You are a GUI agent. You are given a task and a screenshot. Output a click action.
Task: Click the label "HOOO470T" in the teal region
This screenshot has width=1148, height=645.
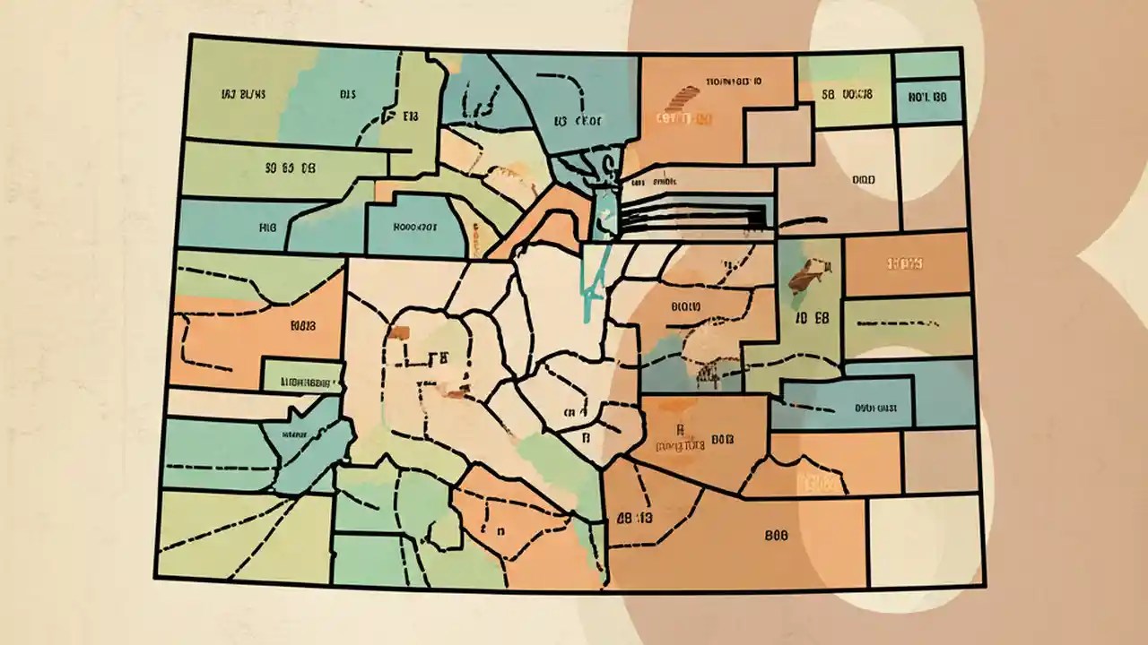pyautogui.click(x=414, y=227)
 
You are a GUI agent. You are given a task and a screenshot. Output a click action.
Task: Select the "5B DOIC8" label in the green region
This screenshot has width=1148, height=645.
pyautogui.click(x=846, y=92)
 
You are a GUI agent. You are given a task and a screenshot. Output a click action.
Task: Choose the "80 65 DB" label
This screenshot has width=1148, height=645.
pyautogui.click(x=289, y=167)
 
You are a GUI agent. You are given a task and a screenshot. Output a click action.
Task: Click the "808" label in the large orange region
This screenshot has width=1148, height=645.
pyautogui.click(x=776, y=535)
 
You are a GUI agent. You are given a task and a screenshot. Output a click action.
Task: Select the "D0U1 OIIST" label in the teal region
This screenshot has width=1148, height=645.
pyautogui.click(x=877, y=407)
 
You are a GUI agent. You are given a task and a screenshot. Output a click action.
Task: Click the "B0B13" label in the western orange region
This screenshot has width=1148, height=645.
pyautogui.click(x=304, y=327)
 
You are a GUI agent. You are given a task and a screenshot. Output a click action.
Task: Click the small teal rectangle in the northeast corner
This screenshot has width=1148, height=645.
pyautogui.click(x=927, y=64)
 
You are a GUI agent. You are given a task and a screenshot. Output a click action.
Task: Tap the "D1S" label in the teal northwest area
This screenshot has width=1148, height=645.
pyautogui.click(x=348, y=92)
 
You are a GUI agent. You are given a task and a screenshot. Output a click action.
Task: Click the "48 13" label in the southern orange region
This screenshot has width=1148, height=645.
pyautogui.click(x=633, y=518)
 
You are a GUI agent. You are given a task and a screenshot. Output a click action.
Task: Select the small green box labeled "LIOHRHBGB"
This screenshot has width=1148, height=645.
pyautogui.click(x=301, y=379)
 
